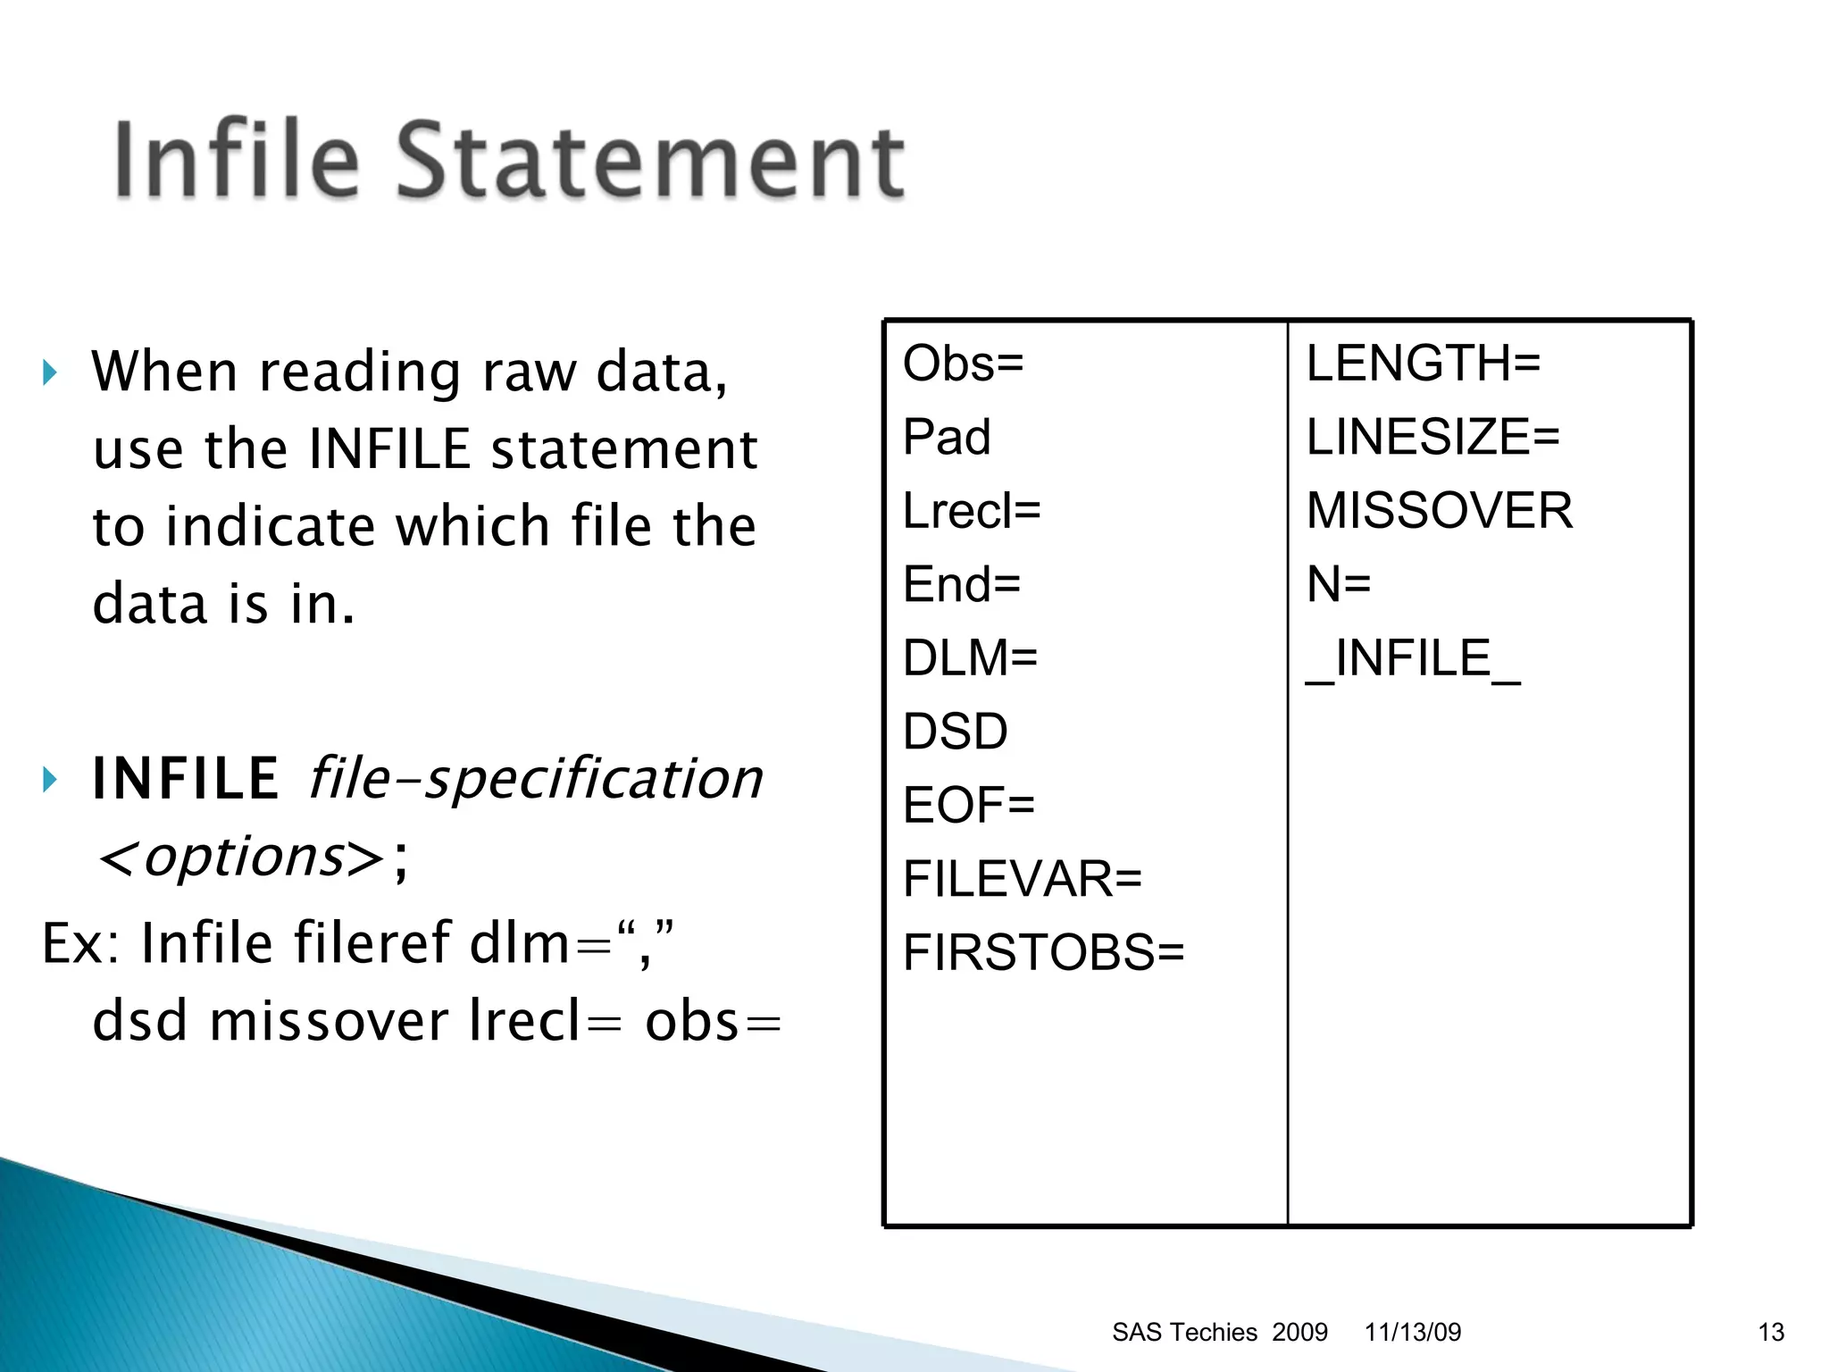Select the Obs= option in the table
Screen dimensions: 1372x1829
point(963,364)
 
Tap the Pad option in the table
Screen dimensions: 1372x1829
point(947,437)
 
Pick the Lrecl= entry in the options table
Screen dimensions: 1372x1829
point(972,511)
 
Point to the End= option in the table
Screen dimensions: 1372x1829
point(962,584)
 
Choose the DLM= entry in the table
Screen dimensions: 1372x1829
point(970,658)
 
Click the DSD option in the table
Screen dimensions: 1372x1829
point(956,732)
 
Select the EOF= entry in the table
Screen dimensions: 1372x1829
point(969,805)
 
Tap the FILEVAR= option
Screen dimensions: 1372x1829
point(1023,879)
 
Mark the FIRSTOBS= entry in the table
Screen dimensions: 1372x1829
point(1043,952)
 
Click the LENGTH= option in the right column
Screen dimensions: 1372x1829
point(1424,364)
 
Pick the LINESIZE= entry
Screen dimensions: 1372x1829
point(1432,437)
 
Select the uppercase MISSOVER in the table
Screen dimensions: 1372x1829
point(1439,511)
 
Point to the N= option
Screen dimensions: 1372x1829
point(1338,584)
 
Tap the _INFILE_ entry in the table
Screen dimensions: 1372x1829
point(1413,659)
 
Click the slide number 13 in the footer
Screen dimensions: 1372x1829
point(1771,1332)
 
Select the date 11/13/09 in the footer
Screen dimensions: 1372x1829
point(1413,1332)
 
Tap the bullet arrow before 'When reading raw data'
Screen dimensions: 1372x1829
point(50,372)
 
